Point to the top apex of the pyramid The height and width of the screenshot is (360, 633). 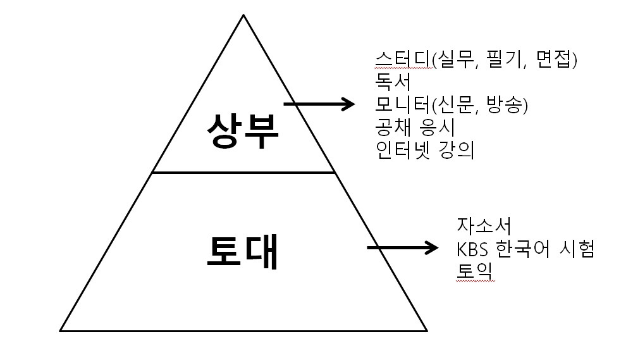[x=243, y=15]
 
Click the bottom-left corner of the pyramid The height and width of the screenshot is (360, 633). [x=61, y=330]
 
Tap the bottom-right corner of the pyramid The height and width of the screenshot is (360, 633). [x=427, y=330]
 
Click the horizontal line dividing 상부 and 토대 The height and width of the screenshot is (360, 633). [x=243, y=172]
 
